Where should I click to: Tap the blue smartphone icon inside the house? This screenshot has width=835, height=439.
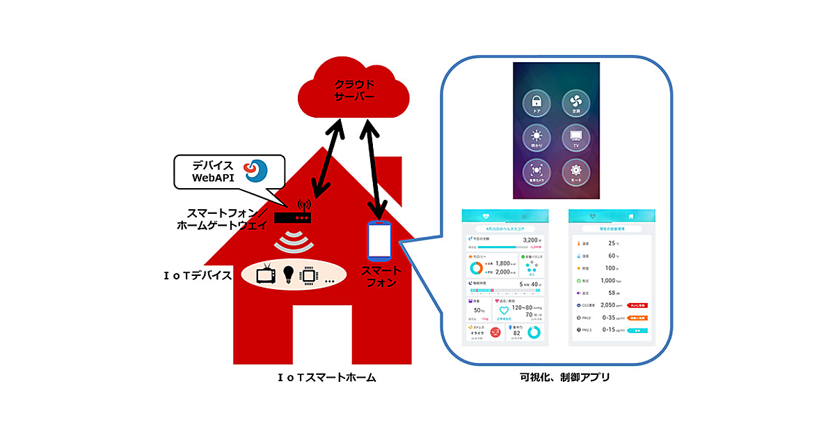point(379,239)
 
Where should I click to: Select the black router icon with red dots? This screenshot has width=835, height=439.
point(293,217)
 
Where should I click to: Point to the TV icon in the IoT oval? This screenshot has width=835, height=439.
point(266,275)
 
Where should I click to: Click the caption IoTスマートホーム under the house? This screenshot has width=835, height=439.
point(327,378)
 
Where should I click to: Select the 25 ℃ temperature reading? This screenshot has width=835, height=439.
point(612,243)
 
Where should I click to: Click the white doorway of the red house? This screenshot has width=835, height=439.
point(321,335)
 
